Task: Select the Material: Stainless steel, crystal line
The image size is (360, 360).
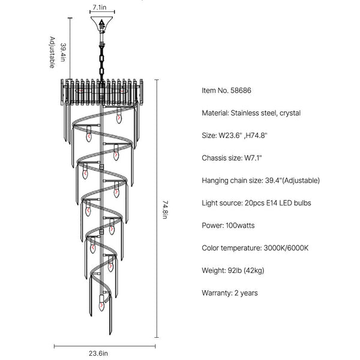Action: click(x=251, y=112)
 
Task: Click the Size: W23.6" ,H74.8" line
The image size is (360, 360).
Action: click(x=238, y=135)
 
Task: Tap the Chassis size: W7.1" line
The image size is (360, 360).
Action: click(x=232, y=157)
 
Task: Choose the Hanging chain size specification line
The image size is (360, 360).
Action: click(x=260, y=180)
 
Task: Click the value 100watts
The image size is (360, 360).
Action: click(x=242, y=226)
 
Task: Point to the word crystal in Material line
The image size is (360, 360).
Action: click(x=289, y=112)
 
